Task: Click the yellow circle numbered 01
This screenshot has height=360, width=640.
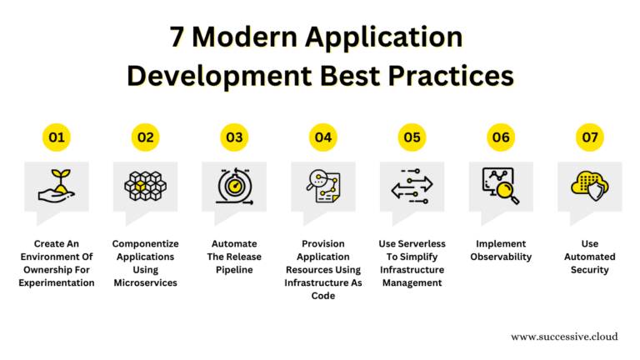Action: click(x=57, y=137)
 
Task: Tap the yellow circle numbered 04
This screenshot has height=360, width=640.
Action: click(x=323, y=137)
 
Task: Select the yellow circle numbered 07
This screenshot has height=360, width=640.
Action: click(x=590, y=137)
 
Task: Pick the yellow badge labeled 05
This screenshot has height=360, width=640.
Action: click(x=412, y=137)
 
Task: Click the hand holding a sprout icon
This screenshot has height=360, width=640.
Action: click(x=57, y=188)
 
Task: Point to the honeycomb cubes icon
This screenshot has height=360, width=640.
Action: click(x=145, y=186)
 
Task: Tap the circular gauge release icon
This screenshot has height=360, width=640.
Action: click(x=234, y=187)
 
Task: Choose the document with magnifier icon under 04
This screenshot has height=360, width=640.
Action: click(x=323, y=187)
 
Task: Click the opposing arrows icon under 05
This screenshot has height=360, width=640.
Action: click(x=412, y=187)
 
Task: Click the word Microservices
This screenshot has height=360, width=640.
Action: click(x=146, y=282)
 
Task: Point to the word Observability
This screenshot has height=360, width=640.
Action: click(x=501, y=257)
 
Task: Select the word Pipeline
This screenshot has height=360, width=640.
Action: click(x=234, y=270)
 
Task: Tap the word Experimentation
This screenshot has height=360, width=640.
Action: click(x=57, y=282)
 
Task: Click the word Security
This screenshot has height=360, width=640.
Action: click(x=590, y=270)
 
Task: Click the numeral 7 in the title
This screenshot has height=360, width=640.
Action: click(x=177, y=37)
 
